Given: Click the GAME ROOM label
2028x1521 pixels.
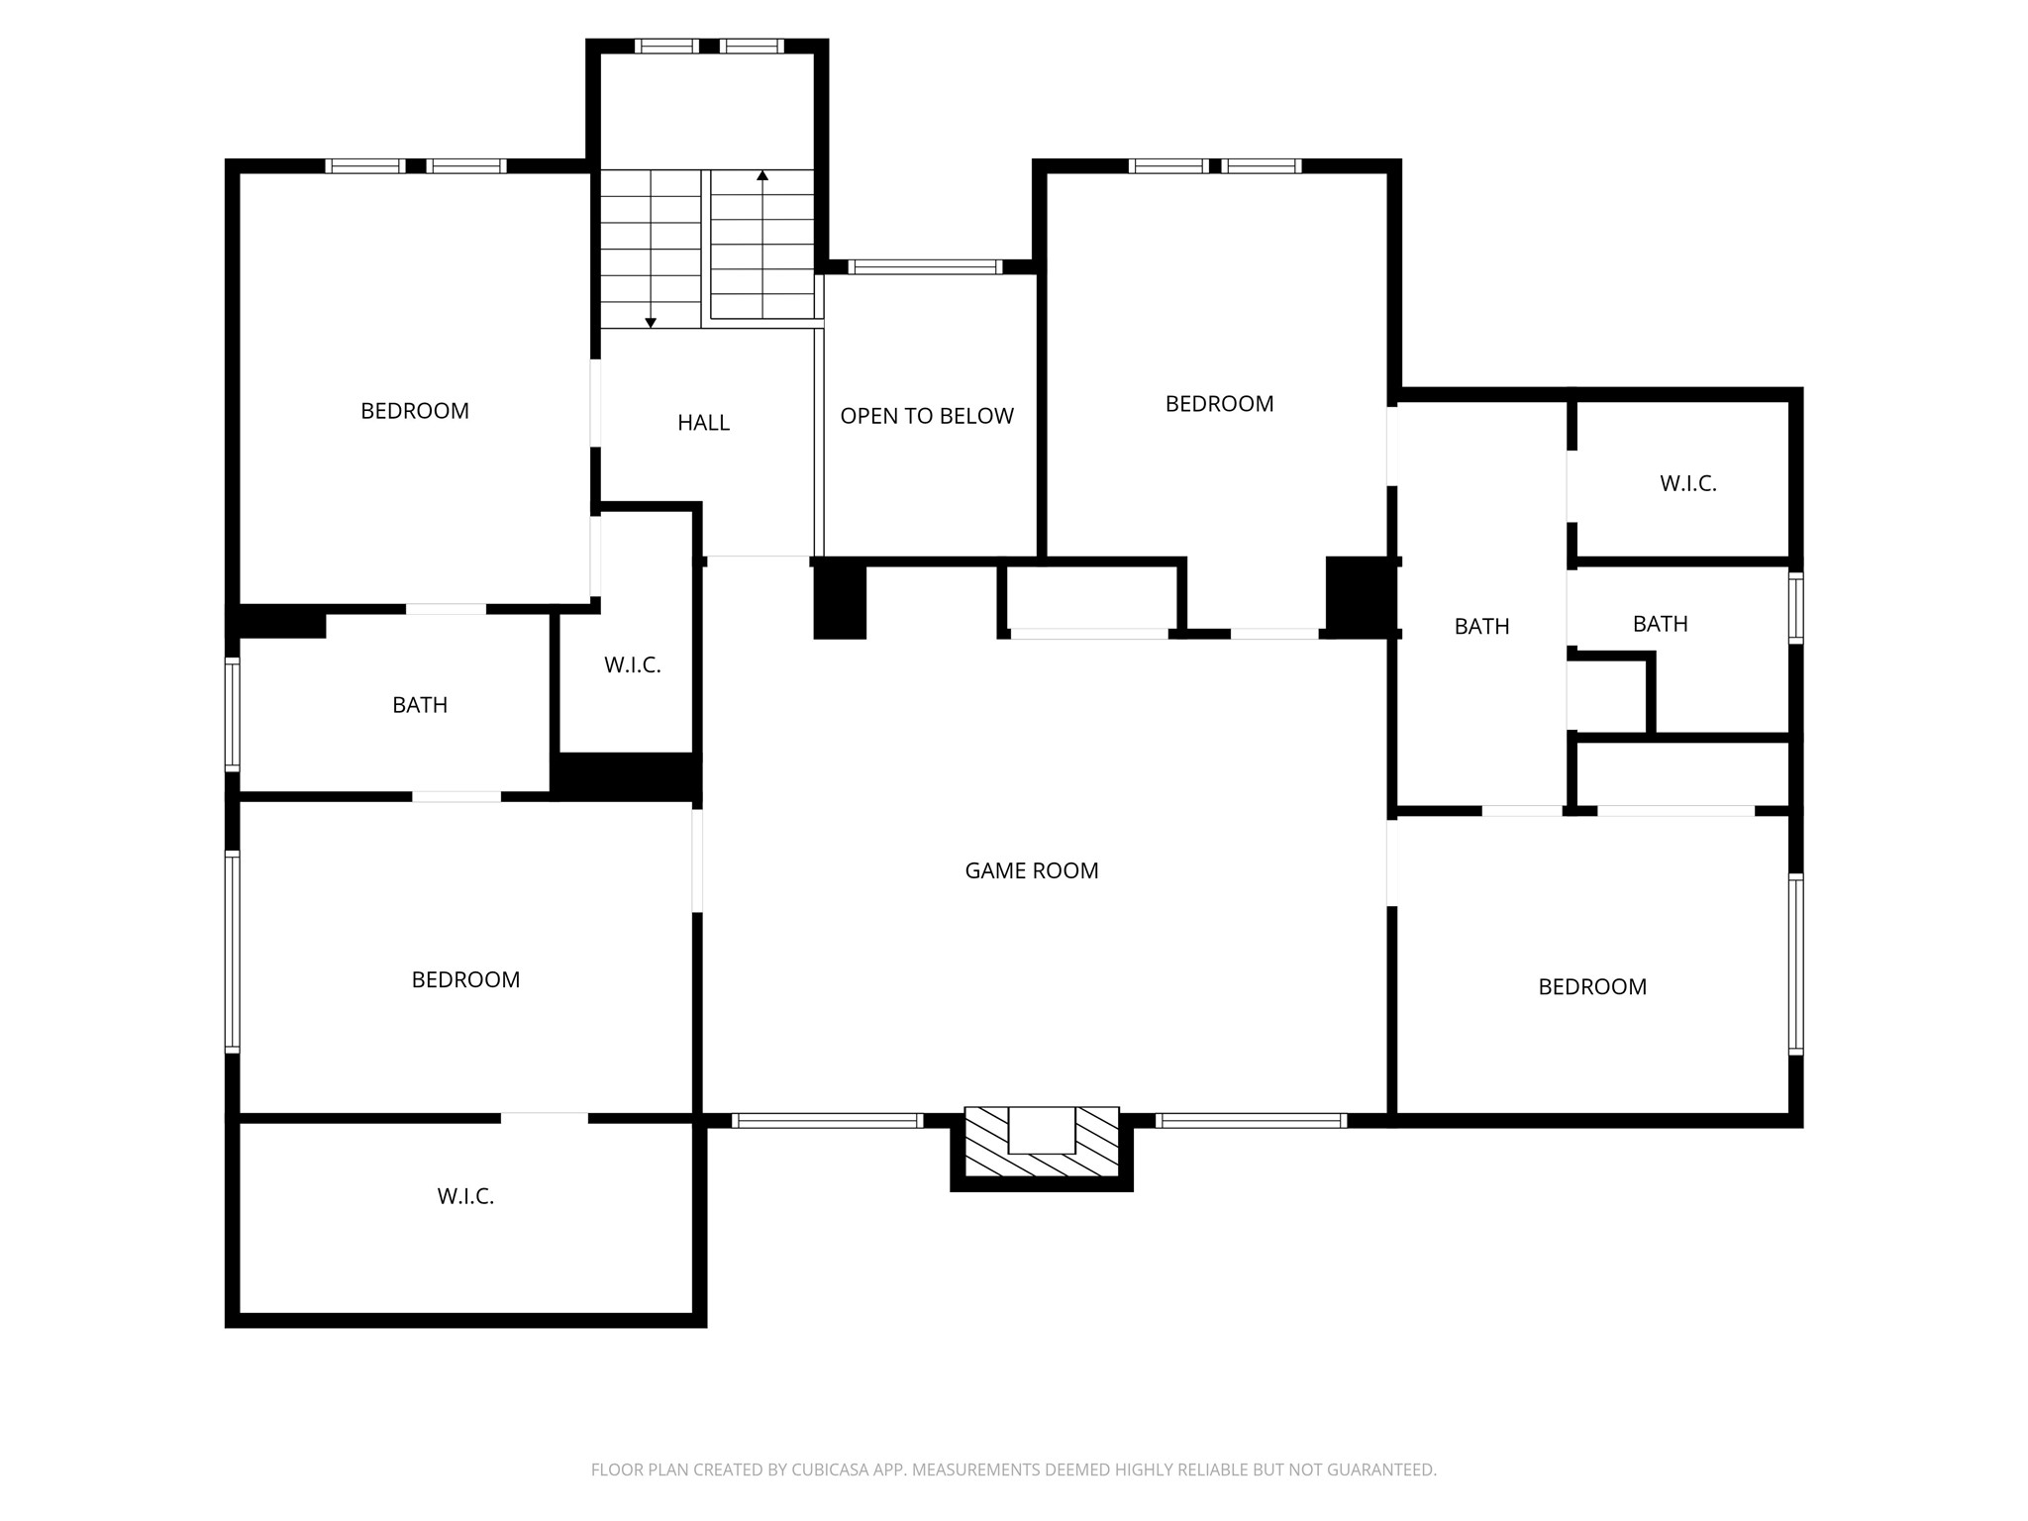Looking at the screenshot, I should click(1031, 870).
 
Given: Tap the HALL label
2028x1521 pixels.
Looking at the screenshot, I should click(703, 423).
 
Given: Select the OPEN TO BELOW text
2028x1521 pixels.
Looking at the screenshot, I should click(926, 416).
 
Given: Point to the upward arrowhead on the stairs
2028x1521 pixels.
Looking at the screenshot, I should click(762, 176).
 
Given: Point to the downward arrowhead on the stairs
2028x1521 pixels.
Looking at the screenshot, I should click(651, 322).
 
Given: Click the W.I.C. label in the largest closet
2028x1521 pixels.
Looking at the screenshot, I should click(465, 1196).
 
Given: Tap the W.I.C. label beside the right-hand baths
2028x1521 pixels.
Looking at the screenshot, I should click(1687, 483).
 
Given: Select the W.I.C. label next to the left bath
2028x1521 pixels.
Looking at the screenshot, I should click(632, 665).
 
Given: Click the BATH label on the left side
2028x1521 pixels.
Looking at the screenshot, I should click(420, 705).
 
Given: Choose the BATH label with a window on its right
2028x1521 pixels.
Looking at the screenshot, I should click(1660, 624).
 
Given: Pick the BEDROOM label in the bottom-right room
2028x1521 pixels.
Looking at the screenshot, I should click(1591, 986).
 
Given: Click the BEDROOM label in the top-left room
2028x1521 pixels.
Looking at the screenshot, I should click(414, 411).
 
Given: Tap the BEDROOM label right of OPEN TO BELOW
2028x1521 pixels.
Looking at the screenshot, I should click(1219, 404).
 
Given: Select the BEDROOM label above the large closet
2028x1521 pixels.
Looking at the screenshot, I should click(465, 979).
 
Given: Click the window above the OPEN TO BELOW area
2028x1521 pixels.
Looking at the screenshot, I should click(926, 266).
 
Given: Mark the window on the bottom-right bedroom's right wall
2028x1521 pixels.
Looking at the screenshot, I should click(1795, 963).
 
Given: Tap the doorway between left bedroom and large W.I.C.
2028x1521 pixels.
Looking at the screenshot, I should click(544, 1118).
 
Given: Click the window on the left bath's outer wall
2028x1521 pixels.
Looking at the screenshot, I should click(233, 714).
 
